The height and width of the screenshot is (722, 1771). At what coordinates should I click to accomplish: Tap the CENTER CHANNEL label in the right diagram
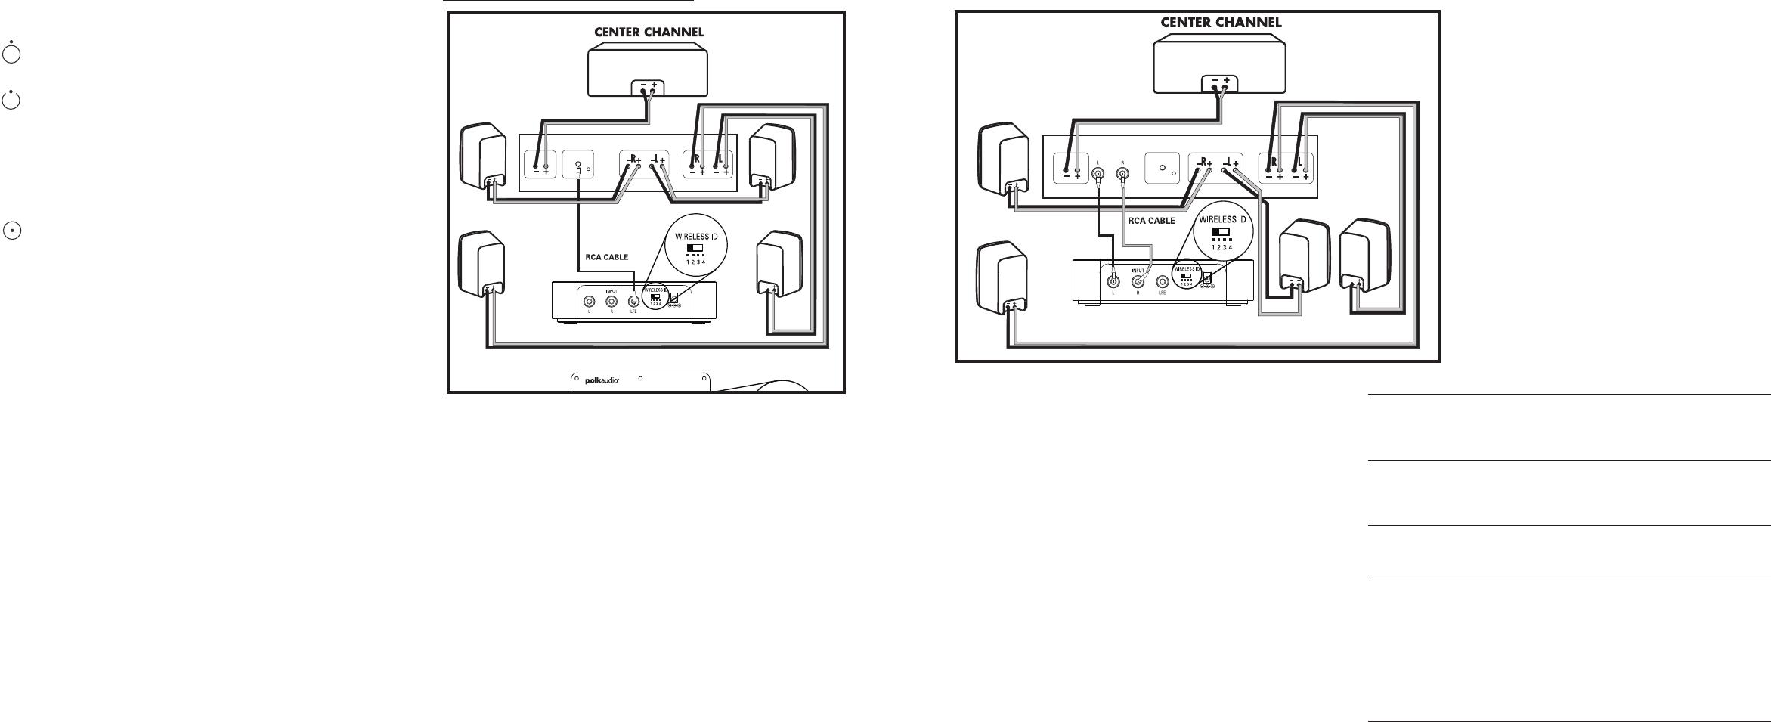[1221, 23]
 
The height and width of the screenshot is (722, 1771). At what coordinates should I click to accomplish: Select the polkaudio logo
[602, 380]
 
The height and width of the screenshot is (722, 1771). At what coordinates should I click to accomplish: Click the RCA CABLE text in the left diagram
[607, 257]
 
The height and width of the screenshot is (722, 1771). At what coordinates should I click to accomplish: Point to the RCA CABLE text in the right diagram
[1151, 221]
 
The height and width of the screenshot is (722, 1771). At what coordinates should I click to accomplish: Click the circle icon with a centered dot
[11, 231]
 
